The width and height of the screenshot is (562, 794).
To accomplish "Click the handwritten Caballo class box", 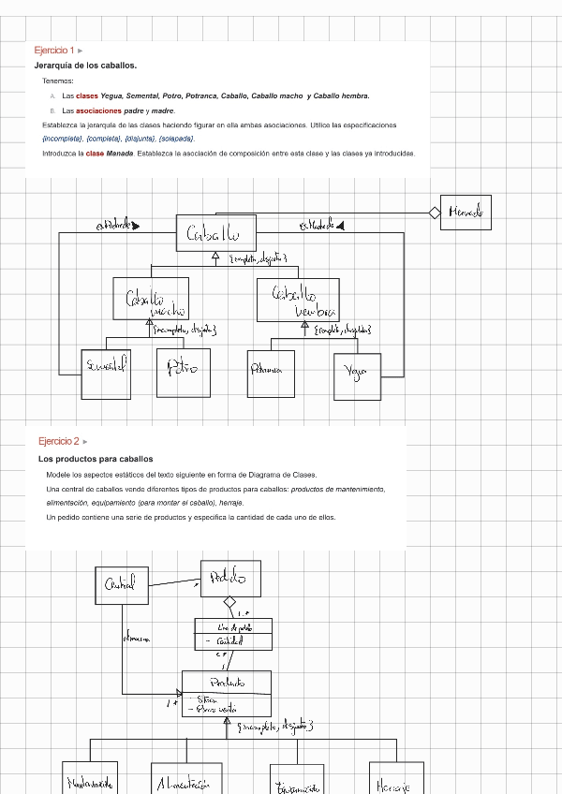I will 214,233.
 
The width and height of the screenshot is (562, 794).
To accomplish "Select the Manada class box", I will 466,213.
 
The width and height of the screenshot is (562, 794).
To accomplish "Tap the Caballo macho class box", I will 151,299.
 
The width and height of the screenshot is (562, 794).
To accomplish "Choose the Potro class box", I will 183,368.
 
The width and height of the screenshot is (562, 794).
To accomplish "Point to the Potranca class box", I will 271,371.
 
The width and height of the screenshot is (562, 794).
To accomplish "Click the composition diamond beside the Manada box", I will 435,213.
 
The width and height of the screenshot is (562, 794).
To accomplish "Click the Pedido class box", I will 230,577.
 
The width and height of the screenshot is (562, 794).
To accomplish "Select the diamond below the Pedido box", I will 229,603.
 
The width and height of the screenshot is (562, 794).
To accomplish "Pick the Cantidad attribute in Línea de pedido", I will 229,641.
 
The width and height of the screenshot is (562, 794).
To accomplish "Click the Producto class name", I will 227,683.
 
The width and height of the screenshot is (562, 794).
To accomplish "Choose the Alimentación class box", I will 186,779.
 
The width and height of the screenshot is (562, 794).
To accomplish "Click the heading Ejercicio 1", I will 53,51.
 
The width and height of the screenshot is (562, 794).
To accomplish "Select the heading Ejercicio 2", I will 58,441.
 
